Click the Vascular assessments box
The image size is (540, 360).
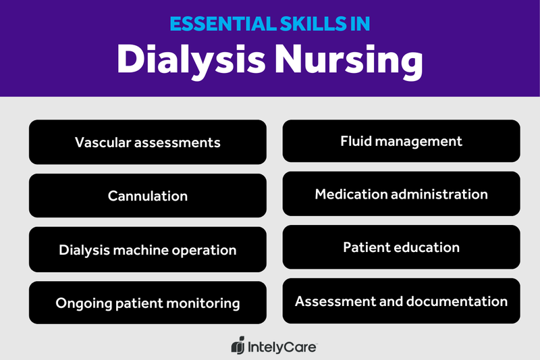coord(148,143)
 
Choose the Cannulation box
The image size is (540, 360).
coord(148,196)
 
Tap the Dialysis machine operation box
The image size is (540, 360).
coord(148,250)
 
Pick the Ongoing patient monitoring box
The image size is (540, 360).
coord(148,303)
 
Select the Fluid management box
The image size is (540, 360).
coord(401,141)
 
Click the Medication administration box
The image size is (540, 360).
coord(401,195)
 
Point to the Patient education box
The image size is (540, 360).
coord(401,247)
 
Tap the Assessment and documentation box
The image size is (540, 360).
coord(401,301)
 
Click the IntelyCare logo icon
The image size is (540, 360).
coord(237,346)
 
